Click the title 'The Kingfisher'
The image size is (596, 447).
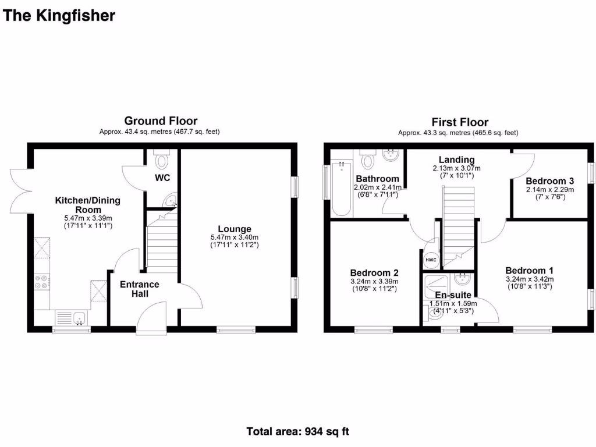[59, 16]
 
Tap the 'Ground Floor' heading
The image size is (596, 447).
[161, 121]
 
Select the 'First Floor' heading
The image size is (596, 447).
[459, 122]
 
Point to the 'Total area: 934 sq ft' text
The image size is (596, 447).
[298, 431]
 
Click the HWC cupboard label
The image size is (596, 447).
[431, 260]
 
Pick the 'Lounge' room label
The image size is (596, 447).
[235, 229]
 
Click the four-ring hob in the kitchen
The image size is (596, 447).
[42, 282]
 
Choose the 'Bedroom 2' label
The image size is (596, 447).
[374, 272]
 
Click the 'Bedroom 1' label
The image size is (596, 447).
[529, 270]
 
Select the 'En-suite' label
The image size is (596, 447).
[453, 295]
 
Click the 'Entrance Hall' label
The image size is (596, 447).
[139, 289]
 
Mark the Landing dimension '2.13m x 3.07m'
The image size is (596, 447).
[456, 168]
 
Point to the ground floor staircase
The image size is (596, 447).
[160, 242]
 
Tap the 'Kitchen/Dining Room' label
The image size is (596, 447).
[87, 205]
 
